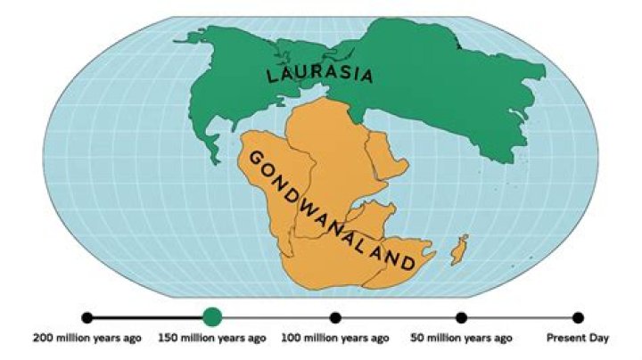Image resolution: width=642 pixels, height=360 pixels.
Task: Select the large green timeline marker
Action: (211, 316)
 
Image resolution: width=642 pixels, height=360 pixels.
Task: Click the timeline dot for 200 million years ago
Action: (86, 317)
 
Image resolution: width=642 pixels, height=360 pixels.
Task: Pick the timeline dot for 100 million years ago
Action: (335, 317)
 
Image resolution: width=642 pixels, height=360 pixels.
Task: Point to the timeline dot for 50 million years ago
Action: (461, 317)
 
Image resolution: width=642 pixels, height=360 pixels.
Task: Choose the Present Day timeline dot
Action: (578, 317)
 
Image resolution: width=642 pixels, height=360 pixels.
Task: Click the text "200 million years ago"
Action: (86, 339)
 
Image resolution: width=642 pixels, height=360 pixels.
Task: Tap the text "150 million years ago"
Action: (211, 339)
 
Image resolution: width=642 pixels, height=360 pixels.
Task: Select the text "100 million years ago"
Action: (335, 339)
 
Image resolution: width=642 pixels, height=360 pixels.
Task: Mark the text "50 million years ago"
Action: (461, 339)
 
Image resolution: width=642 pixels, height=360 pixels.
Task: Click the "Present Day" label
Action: (578, 339)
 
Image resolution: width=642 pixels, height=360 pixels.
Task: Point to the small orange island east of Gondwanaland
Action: (459, 250)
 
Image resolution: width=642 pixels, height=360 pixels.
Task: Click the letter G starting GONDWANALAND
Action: (254, 158)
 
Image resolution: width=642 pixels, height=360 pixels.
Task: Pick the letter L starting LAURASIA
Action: (273, 77)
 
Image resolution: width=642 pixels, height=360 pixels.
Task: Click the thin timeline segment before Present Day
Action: (520, 317)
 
